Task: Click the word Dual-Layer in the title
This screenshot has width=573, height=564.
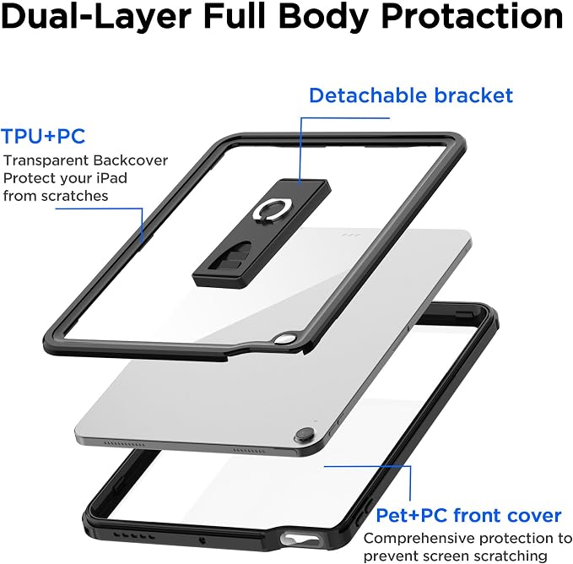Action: pos(96,17)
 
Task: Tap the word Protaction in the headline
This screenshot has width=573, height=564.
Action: pos(472,17)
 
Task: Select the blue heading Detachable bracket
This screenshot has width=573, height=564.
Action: pos(411,95)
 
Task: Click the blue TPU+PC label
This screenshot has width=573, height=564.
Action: pos(43,136)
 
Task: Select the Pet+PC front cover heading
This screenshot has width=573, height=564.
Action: pos(468,515)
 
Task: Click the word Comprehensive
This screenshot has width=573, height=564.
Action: pos(419,539)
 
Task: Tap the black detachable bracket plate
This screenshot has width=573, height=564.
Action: pos(262,233)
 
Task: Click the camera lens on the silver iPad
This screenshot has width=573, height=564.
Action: pos(305,435)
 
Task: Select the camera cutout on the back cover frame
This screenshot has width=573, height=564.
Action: pos(285,339)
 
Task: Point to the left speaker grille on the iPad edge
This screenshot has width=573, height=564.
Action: pos(124,444)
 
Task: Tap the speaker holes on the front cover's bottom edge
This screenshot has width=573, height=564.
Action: pos(133,535)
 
